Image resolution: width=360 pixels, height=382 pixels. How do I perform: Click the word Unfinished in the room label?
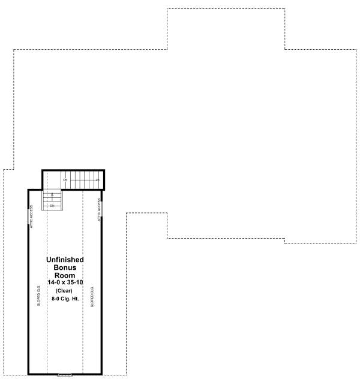click(65, 259)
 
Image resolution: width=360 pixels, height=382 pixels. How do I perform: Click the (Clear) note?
click(65, 291)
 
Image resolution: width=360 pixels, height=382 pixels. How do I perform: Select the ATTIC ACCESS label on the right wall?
click(98, 210)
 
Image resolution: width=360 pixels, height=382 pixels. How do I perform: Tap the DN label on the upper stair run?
click(65, 179)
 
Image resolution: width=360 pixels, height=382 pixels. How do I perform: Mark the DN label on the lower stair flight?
click(52, 206)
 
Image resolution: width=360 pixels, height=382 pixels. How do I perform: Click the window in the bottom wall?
click(65, 374)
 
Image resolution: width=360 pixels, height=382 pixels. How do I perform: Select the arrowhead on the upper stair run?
click(97, 179)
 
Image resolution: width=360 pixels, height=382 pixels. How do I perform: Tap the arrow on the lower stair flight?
click(52, 195)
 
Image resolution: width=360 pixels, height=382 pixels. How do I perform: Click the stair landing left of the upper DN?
click(52, 179)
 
